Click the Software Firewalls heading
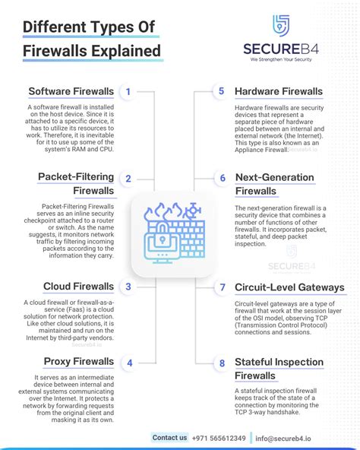click(x=71, y=92)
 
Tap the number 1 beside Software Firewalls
click(x=128, y=92)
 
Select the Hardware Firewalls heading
click(x=278, y=91)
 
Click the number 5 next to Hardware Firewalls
click(x=221, y=91)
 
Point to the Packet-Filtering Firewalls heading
click(x=76, y=184)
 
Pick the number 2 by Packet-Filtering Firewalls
click(x=128, y=179)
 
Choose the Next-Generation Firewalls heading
click(x=274, y=184)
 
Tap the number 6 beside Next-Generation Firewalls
click(x=223, y=179)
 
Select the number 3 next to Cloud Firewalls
click(x=128, y=287)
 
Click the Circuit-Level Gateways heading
click(x=289, y=288)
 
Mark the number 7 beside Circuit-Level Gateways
click(x=223, y=288)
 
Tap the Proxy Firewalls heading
click(x=78, y=362)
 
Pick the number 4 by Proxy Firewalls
click(x=130, y=363)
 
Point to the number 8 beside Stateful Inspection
click(x=223, y=363)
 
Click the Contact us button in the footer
click(x=169, y=437)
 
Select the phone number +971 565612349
click(x=220, y=438)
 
